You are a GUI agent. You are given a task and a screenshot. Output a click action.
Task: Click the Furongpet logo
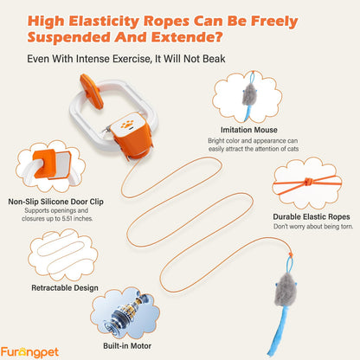(x=29, y=352)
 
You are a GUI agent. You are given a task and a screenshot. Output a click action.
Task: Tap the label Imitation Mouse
(x=249, y=130)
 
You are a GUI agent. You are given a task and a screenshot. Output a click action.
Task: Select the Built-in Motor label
(x=127, y=346)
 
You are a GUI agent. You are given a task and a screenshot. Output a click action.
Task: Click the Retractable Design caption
(x=65, y=288)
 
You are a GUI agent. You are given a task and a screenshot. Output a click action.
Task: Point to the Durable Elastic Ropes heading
(x=312, y=217)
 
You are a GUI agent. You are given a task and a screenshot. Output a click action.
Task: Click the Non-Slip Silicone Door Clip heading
(x=55, y=202)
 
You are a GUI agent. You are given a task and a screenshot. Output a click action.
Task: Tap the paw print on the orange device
(x=127, y=125)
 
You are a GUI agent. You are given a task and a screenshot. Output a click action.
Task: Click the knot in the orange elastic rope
(x=308, y=182)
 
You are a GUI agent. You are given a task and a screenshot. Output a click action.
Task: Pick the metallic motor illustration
(x=125, y=315)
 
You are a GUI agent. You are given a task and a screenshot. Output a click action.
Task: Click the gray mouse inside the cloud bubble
(x=249, y=94)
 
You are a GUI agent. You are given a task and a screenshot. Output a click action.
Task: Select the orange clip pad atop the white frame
(x=91, y=91)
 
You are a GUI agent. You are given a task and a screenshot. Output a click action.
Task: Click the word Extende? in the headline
(x=187, y=37)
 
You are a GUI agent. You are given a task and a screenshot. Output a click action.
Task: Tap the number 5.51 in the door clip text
(x=67, y=219)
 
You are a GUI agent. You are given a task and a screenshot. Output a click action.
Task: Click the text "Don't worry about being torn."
(x=313, y=227)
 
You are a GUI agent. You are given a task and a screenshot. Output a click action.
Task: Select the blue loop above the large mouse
(x=289, y=264)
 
